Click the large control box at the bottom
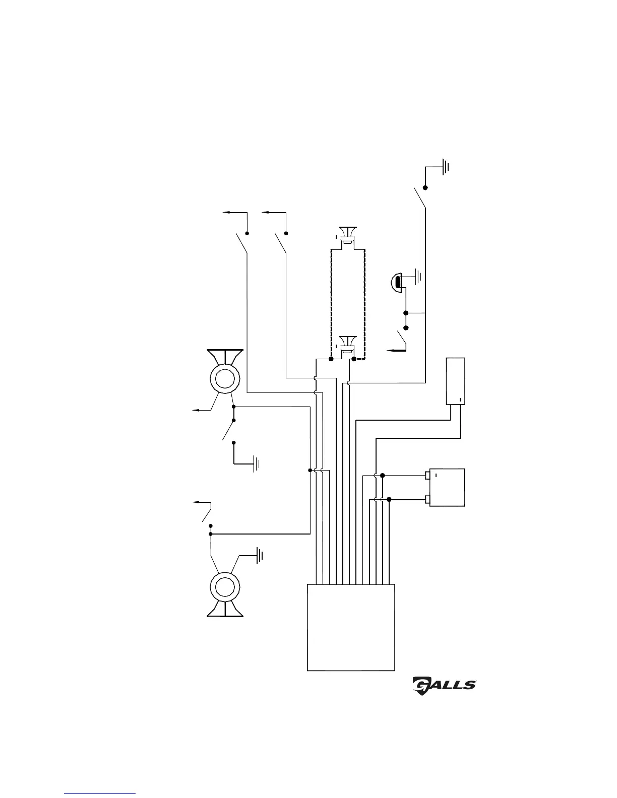351,627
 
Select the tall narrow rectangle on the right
455,381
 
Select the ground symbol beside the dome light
418,276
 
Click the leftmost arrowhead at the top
225,213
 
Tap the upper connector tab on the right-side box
427,475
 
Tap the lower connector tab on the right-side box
427,500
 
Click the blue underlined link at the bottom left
100,794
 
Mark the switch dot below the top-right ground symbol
425,187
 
